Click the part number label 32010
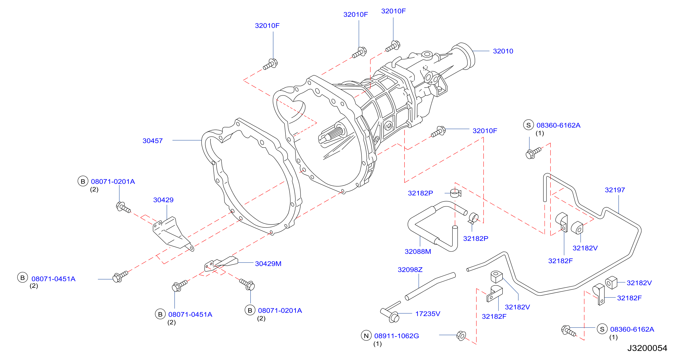pyautogui.click(x=503, y=51)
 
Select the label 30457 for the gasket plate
pyautogui.click(x=153, y=141)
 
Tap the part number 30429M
pyautogui.click(x=268, y=264)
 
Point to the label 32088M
pyautogui.click(x=418, y=252)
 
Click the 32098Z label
pyautogui.click(x=410, y=270)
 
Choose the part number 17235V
pyautogui.click(x=428, y=314)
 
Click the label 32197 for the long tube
pyautogui.click(x=615, y=190)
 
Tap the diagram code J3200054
pyautogui.click(x=647, y=348)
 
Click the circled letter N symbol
pyautogui.click(x=366, y=336)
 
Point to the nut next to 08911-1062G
pyautogui.click(x=461, y=336)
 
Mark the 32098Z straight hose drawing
pyautogui.click(x=430, y=286)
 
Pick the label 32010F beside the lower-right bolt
pyautogui.click(x=485, y=131)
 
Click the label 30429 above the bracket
pyautogui.click(x=163, y=200)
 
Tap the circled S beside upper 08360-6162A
pyautogui.click(x=528, y=125)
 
